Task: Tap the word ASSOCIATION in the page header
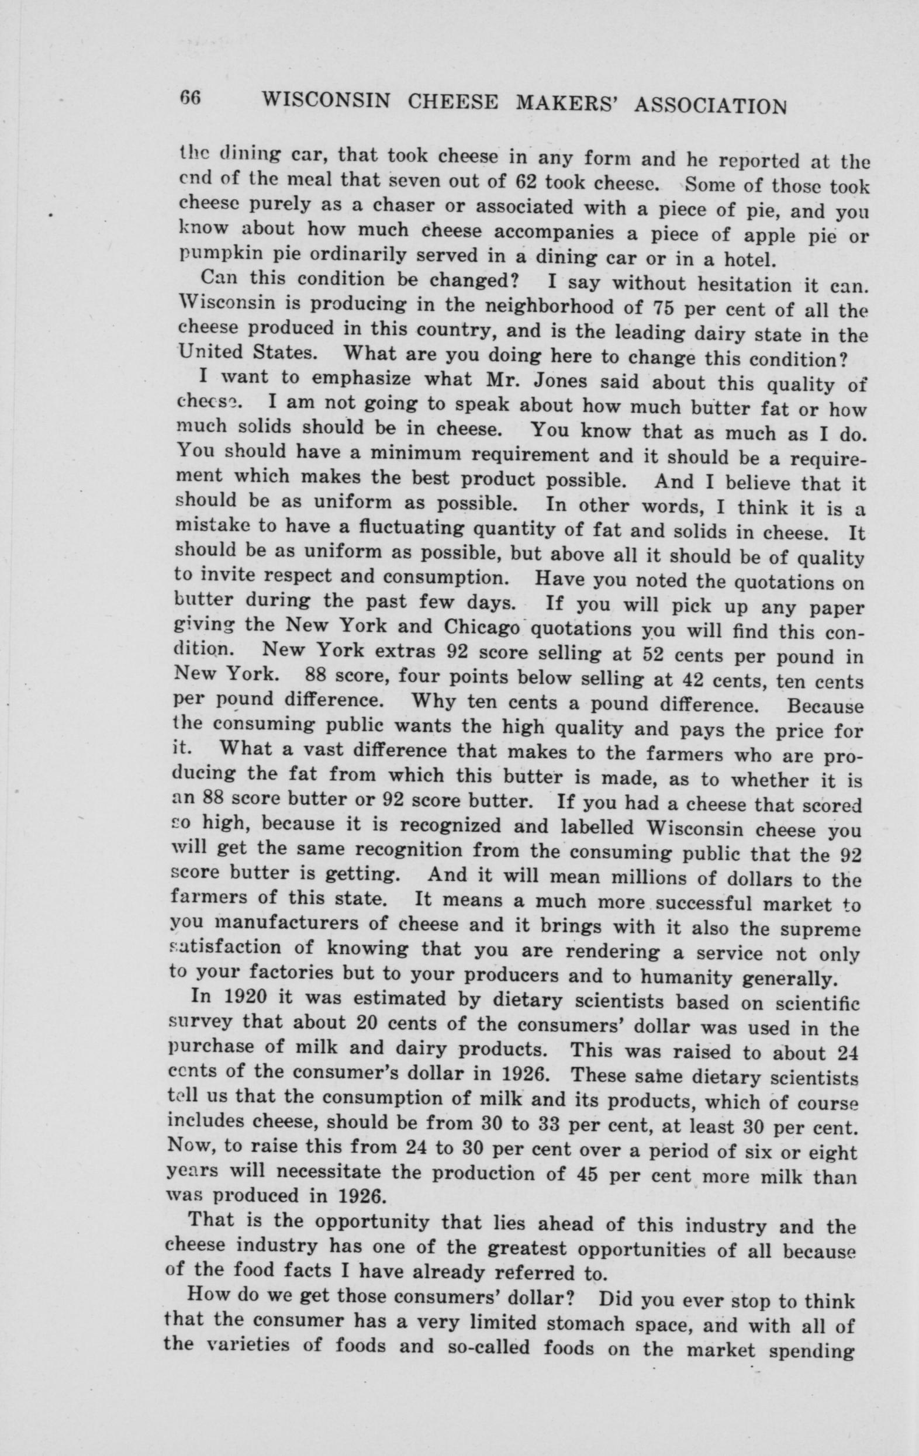coord(710,106)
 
